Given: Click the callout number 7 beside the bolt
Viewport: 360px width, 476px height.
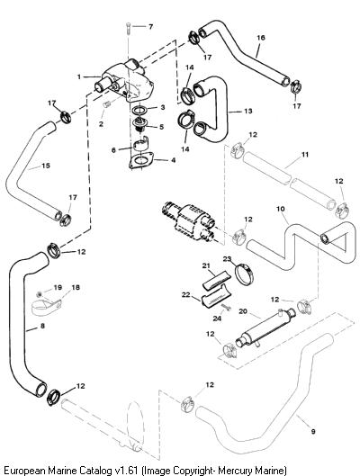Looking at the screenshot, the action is [150, 27].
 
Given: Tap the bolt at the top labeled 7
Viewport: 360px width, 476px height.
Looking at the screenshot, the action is [128, 28].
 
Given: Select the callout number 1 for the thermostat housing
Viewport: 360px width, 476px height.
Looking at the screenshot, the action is [79, 76].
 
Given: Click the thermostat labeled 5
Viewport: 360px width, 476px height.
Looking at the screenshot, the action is [139, 125].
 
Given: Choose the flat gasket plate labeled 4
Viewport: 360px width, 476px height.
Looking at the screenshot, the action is [140, 160].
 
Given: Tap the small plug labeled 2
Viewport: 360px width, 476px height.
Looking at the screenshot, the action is [107, 104].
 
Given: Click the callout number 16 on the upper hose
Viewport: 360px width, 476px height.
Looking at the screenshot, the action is [261, 38].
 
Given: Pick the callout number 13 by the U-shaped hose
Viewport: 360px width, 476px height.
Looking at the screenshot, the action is [248, 111].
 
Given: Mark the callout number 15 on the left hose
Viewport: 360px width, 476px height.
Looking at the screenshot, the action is [46, 166].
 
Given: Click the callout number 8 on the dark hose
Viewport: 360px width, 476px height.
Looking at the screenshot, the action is [42, 326].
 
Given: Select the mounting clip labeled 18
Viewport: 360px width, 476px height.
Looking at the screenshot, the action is [47, 305].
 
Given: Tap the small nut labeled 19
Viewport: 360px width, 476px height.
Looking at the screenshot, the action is [40, 294].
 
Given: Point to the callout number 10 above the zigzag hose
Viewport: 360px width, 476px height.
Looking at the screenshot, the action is [281, 209].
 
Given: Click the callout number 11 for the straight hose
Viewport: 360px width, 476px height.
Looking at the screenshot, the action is [305, 155].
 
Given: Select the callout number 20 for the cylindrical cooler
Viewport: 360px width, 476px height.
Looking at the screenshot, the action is [243, 311].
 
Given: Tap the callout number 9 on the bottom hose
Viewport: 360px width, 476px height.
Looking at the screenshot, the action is [313, 431].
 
